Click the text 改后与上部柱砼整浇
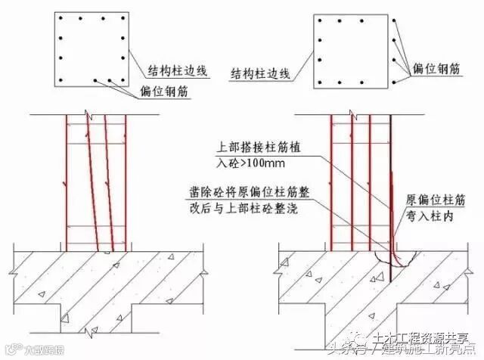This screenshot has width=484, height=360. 234,206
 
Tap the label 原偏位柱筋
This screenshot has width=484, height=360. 435,198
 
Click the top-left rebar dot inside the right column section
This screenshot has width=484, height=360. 321,21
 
